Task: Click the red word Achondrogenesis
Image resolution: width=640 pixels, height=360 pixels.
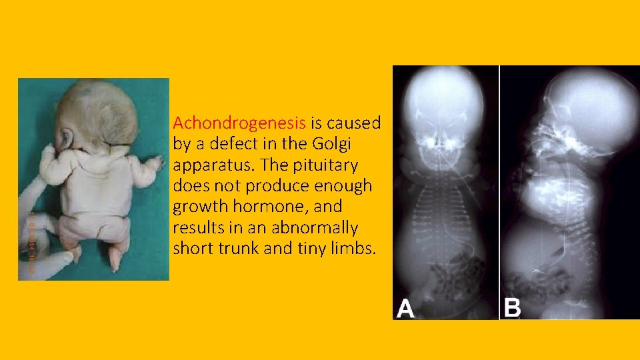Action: pyautogui.click(x=239, y=123)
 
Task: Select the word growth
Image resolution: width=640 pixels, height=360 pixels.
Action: pyautogui.click(x=199, y=206)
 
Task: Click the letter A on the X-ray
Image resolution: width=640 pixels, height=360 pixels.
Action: pyautogui.click(x=406, y=308)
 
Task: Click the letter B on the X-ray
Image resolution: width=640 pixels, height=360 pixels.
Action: pyautogui.click(x=512, y=308)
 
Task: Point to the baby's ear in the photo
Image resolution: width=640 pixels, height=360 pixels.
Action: pyautogui.click(x=67, y=138)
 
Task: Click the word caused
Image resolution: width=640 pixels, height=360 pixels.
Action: pyautogui.click(x=353, y=123)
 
